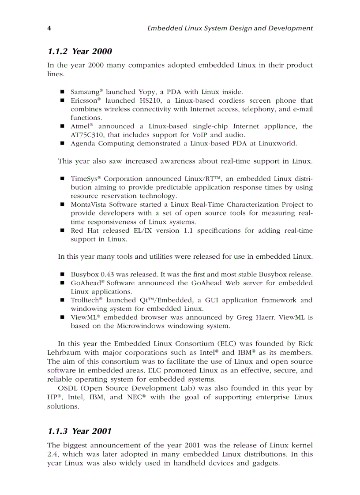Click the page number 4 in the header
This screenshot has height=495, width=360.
[x=49, y=28]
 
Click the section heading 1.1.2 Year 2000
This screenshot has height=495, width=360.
[x=79, y=52]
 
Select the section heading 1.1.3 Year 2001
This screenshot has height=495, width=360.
[x=79, y=431]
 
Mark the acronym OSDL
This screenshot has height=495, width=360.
[x=67, y=388]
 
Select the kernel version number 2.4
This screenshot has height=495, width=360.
[x=52, y=454]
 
